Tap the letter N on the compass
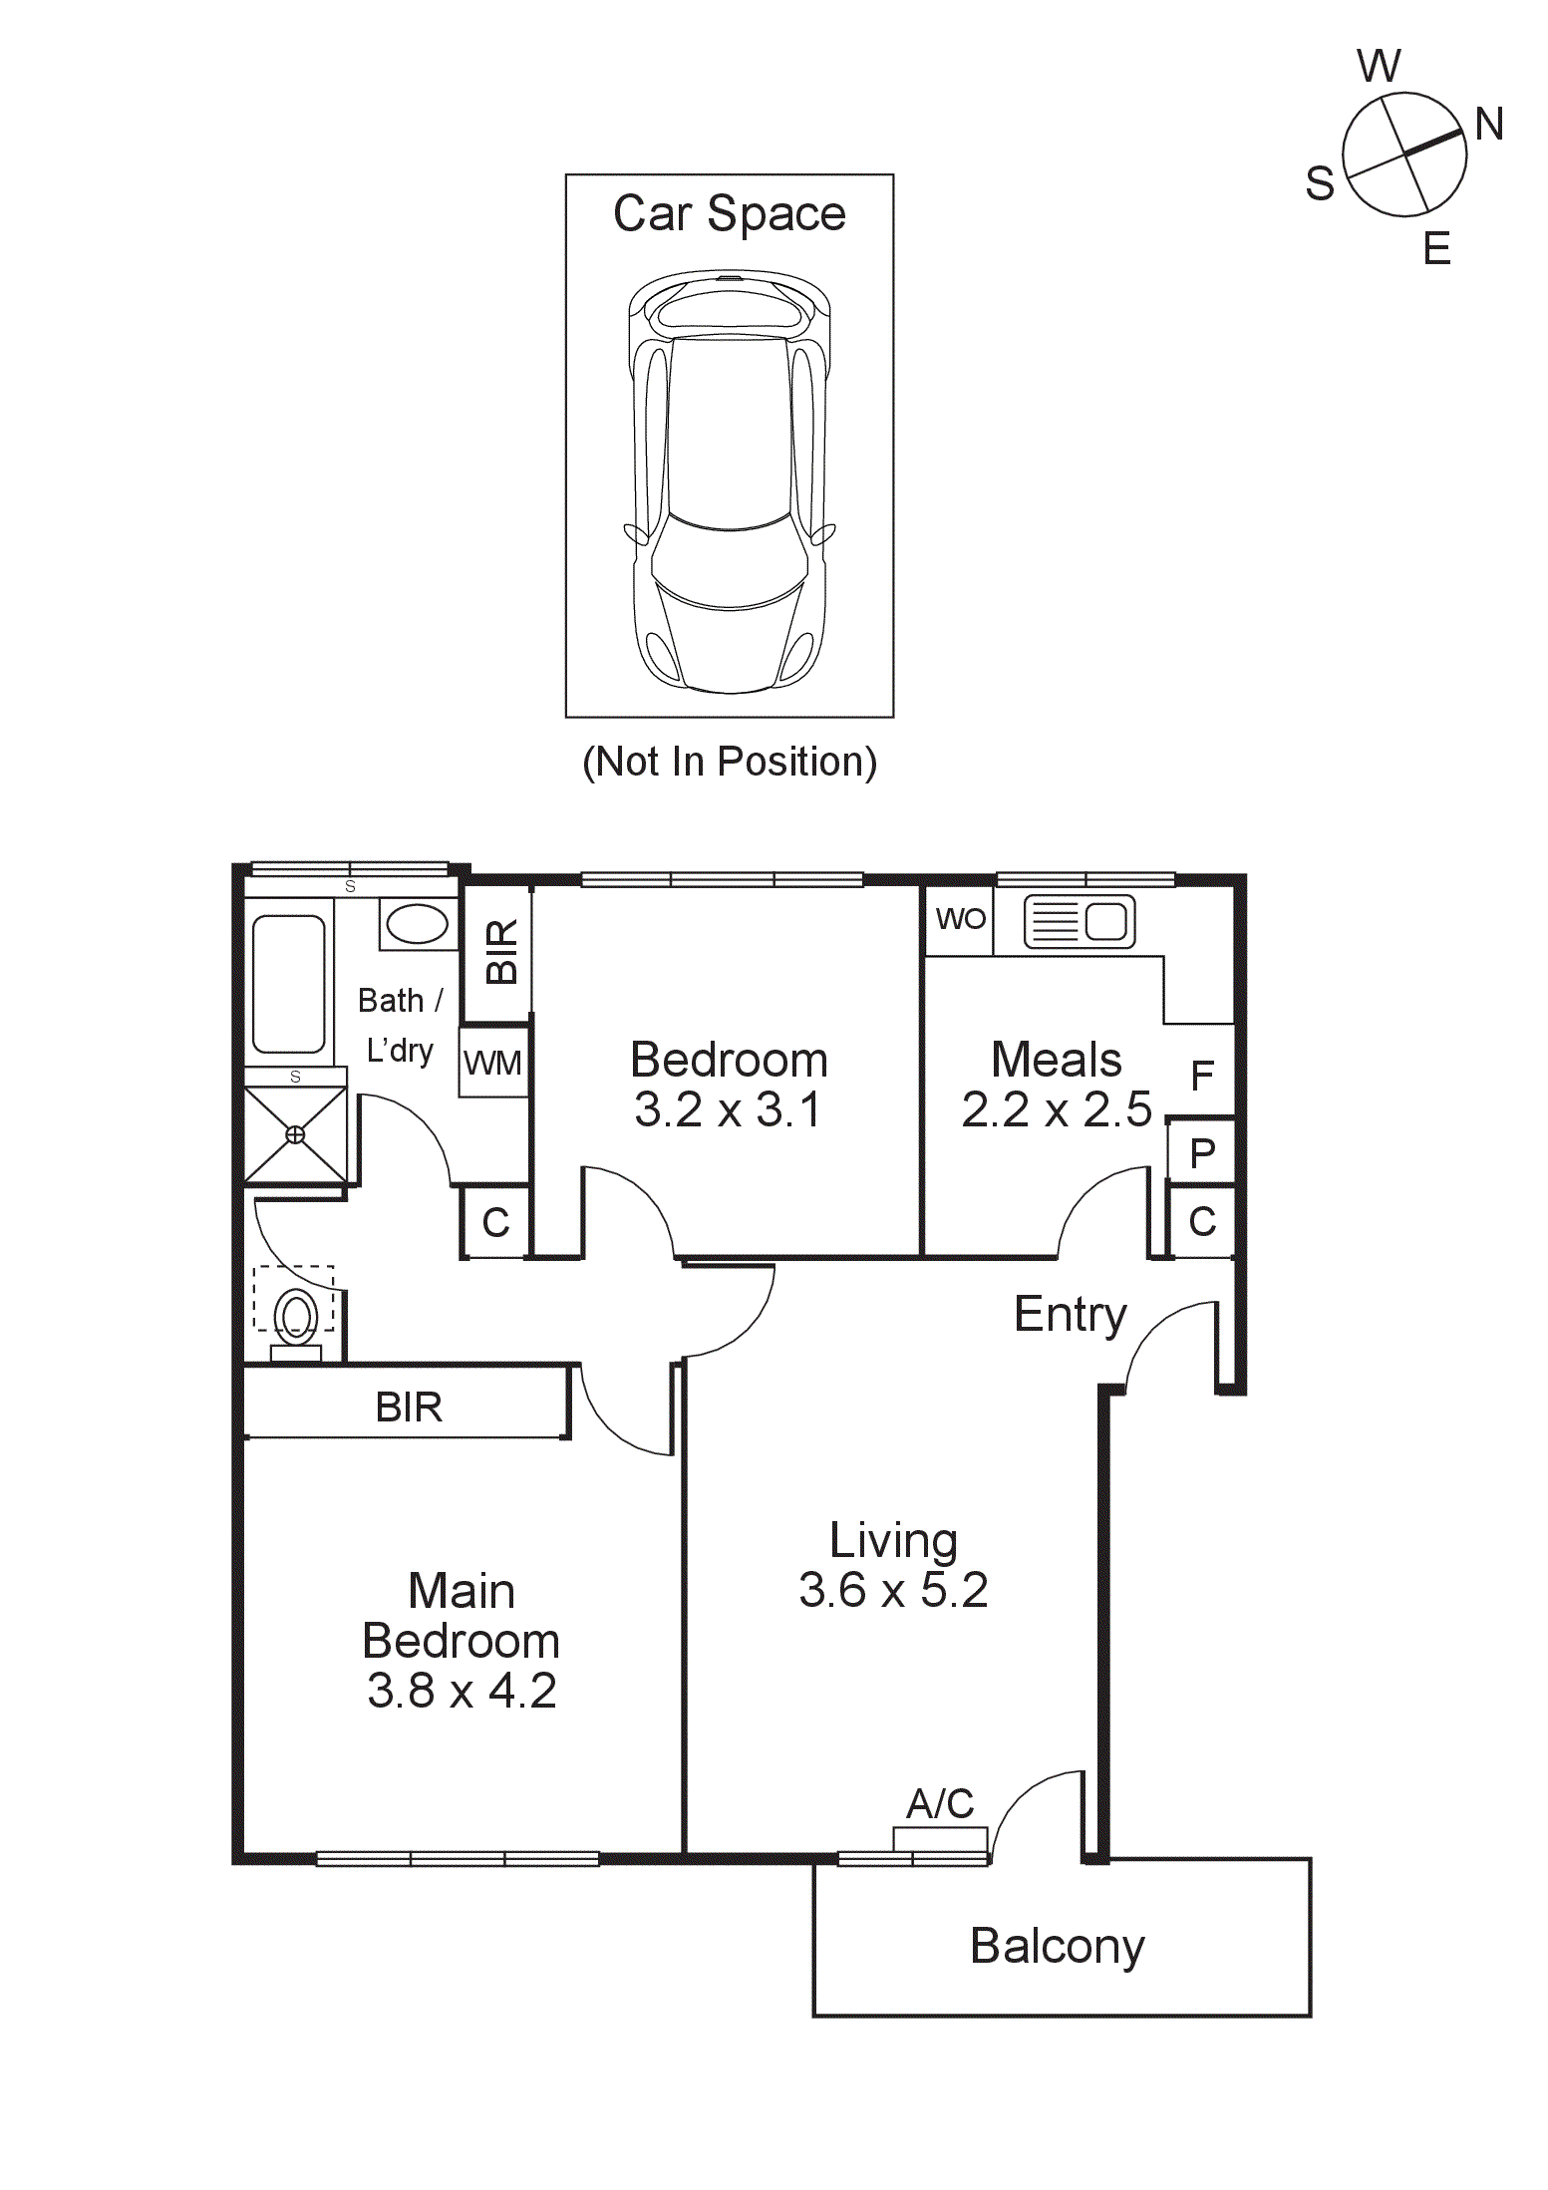1488,126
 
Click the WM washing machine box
493,1064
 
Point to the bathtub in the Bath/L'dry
288,984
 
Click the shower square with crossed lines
295,1134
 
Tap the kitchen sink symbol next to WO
1080,921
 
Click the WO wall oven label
960,919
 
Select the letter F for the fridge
1202,1076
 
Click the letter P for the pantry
1202,1153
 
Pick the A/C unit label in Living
940,1804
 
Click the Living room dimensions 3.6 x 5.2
893,1590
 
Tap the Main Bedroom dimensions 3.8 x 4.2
462,1691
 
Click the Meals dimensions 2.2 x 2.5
1057,1109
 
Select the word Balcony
1058,1946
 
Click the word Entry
1070,1315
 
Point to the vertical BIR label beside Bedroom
501,952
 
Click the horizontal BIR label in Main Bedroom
409,1407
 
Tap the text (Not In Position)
730,762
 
